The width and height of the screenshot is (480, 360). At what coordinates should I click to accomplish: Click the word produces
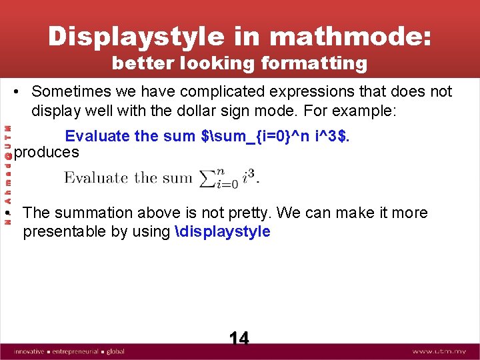point(47,153)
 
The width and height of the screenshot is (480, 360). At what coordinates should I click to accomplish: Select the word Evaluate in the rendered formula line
point(96,178)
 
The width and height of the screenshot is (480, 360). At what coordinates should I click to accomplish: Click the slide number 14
point(239,339)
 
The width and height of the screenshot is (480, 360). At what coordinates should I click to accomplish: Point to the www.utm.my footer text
point(441,351)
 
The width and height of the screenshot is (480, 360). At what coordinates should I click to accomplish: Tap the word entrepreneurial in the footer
point(75,351)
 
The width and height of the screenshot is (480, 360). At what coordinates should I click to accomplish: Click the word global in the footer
point(115,351)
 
